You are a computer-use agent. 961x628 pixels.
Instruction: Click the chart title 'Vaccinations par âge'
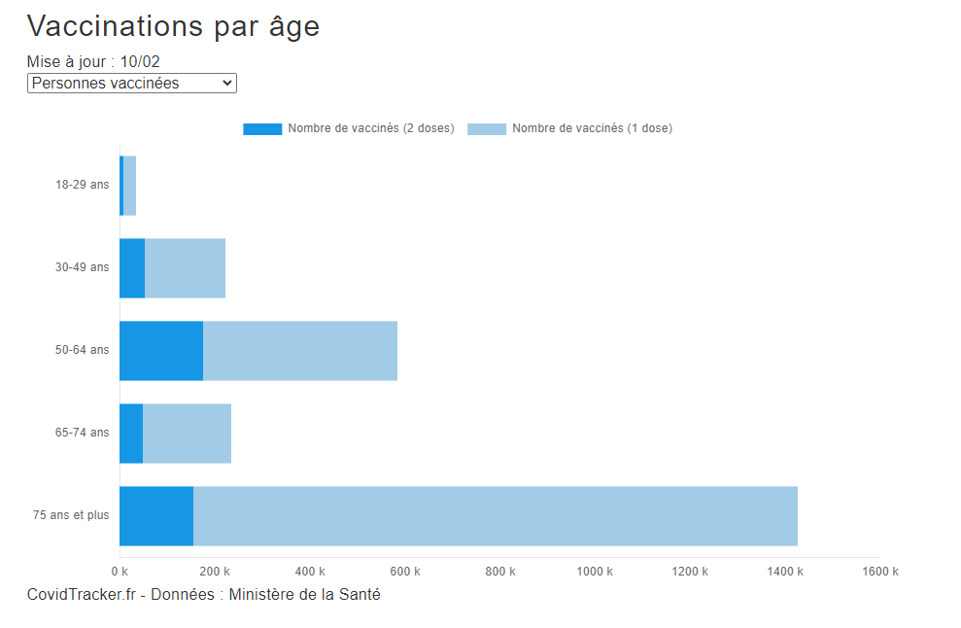173,26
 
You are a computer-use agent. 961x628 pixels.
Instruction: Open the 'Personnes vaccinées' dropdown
131,84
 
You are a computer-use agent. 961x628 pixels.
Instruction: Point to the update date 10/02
140,62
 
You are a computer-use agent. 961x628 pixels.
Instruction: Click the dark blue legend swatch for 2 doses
262,128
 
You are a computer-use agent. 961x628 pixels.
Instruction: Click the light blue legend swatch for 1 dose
487,128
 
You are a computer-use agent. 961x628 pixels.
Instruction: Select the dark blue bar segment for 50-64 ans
161,351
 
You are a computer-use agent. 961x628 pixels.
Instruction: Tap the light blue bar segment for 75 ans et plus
496,516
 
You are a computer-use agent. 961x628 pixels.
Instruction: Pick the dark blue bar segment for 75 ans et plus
156,516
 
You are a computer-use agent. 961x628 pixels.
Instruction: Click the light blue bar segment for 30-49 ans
185,268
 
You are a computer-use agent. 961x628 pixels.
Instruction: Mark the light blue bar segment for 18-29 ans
130,186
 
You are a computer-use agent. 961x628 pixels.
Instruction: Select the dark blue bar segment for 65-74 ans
131,434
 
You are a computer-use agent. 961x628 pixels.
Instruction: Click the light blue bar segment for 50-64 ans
300,351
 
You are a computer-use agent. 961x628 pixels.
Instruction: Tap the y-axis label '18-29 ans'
83,185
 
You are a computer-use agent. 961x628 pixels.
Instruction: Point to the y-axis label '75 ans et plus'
71,515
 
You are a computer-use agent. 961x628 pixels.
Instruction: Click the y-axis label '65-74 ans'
83,433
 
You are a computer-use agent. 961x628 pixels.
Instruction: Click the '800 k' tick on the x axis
499,572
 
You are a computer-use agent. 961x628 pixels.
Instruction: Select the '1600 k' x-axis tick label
879,572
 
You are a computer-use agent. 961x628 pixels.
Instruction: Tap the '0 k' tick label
120,572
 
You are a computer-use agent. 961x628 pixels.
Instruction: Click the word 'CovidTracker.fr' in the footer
81,594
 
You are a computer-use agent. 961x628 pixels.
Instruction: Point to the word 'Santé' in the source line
360,594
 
